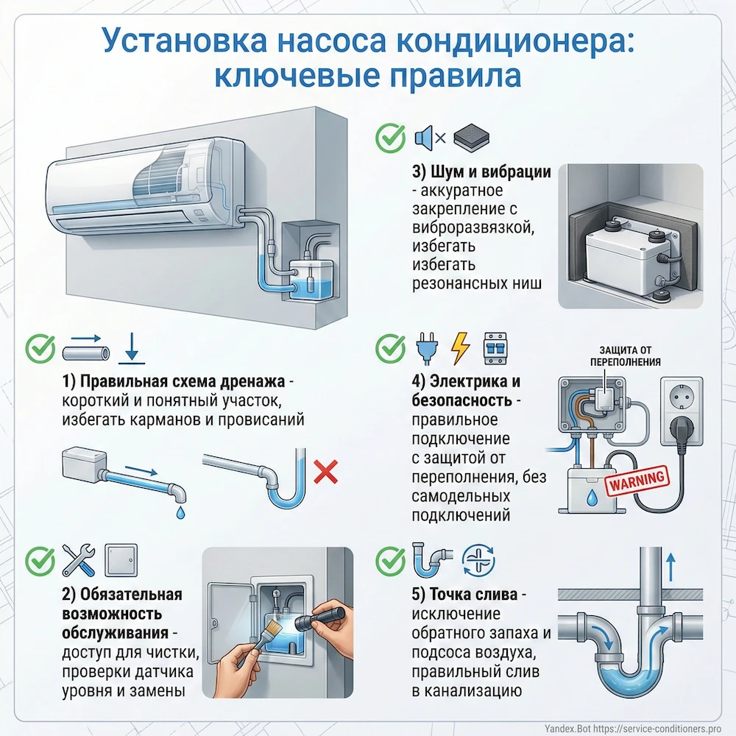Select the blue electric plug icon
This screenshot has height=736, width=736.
425,348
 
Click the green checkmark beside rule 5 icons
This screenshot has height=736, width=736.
389,562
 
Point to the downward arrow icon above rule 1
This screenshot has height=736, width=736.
132,347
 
